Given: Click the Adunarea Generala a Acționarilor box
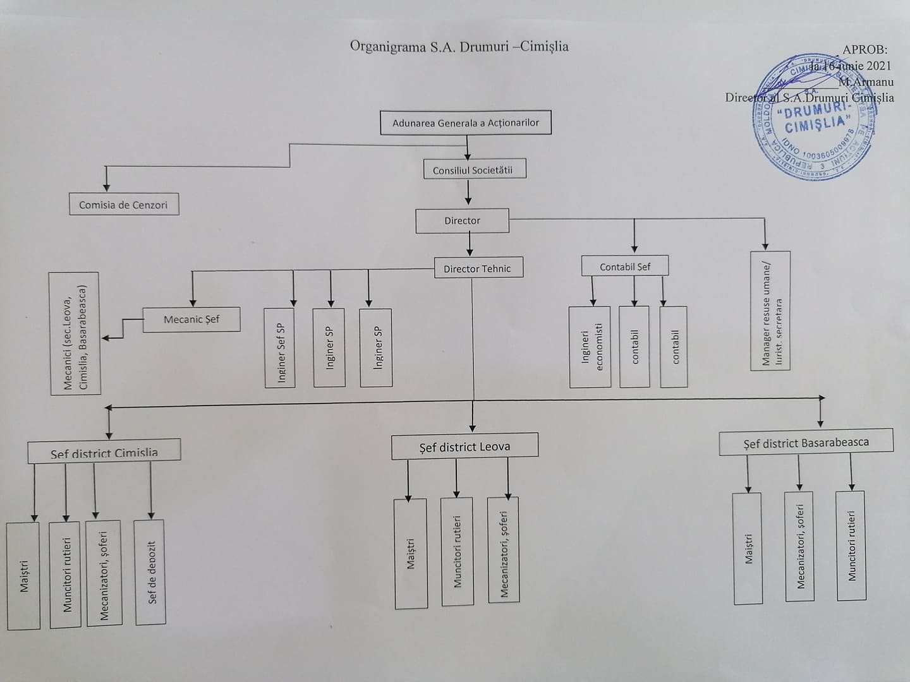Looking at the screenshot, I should (x=465, y=123).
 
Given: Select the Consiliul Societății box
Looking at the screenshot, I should (x=474, y=170).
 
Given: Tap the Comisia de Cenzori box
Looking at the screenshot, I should (x=124, y=205).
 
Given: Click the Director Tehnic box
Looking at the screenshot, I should (x=478, y=268).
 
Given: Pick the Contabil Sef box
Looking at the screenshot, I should (x=625, y=266).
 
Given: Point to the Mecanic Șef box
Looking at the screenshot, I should (x=191, y=320).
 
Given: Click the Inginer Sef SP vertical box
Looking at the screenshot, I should (x=280, y=348).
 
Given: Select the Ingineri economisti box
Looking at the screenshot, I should (x=590, y=347).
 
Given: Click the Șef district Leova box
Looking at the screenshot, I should (x=464, y=446).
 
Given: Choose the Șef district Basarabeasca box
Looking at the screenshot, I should (x=806, y=442).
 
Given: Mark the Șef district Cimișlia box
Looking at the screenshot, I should (x=104, y=451).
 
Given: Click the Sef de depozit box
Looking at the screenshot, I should (x=150, y=573).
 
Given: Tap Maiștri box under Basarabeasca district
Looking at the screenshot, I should (x=748, y=548).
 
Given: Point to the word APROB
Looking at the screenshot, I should (x=864, y=50).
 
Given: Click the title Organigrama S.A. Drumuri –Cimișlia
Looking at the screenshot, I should (x=459, y=47).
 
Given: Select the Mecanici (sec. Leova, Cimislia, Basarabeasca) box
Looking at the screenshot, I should (x=75, y=334).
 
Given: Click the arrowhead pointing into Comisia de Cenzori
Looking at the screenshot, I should (x=107, y=187).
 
